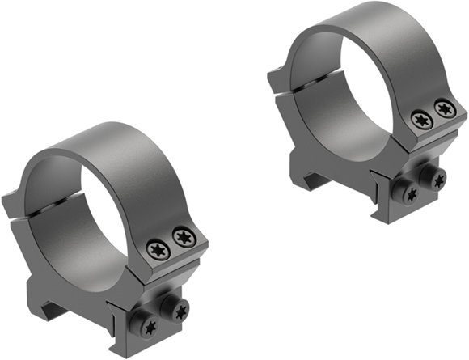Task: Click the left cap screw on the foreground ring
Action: coord(158,250)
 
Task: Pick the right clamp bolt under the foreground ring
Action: coord(178,310)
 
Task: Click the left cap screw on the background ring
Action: coord(420,120)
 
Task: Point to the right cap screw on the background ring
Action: coord(443,108)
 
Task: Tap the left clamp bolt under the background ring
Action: coord(411,194)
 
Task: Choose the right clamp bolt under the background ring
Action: coord(437,180)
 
